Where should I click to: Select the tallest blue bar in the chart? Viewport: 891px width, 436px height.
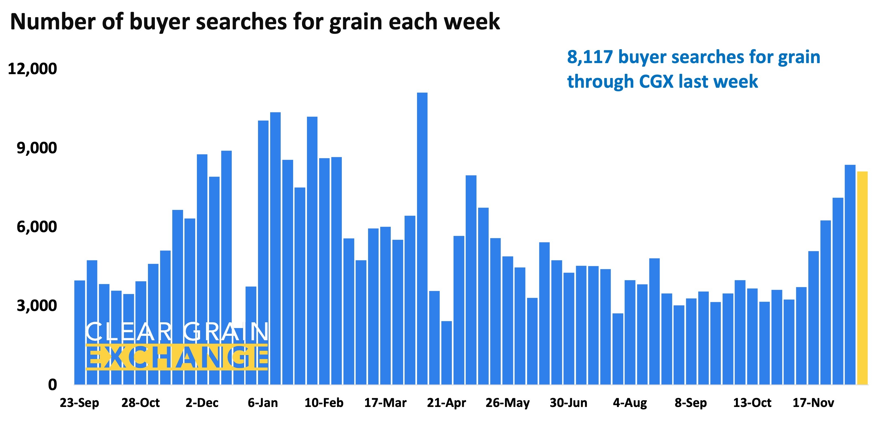pos(422,239)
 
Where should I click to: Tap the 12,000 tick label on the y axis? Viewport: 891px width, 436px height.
pos(33,69)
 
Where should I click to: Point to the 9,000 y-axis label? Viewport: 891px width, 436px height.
pos(37,148)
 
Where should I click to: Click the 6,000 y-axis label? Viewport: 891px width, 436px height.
pos(37,227)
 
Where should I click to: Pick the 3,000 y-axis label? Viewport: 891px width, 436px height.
pos(37,306)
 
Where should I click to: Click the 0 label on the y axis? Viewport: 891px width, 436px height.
pos(52,385)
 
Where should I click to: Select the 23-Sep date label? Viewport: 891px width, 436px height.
pos(80,403)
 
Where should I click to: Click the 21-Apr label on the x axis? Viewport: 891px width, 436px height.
pos(446,403)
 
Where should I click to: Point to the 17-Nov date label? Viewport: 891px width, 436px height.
pos(813,403)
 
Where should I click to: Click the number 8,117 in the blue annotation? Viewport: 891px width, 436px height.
pos(590,57)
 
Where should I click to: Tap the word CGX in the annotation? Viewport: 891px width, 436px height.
pos(656,82)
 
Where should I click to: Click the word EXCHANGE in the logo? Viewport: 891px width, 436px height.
pos(177,357)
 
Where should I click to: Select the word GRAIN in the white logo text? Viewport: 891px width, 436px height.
pos(226,332)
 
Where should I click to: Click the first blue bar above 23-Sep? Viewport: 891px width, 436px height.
pos(80,332)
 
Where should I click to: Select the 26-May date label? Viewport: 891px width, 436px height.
pos(507,403)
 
